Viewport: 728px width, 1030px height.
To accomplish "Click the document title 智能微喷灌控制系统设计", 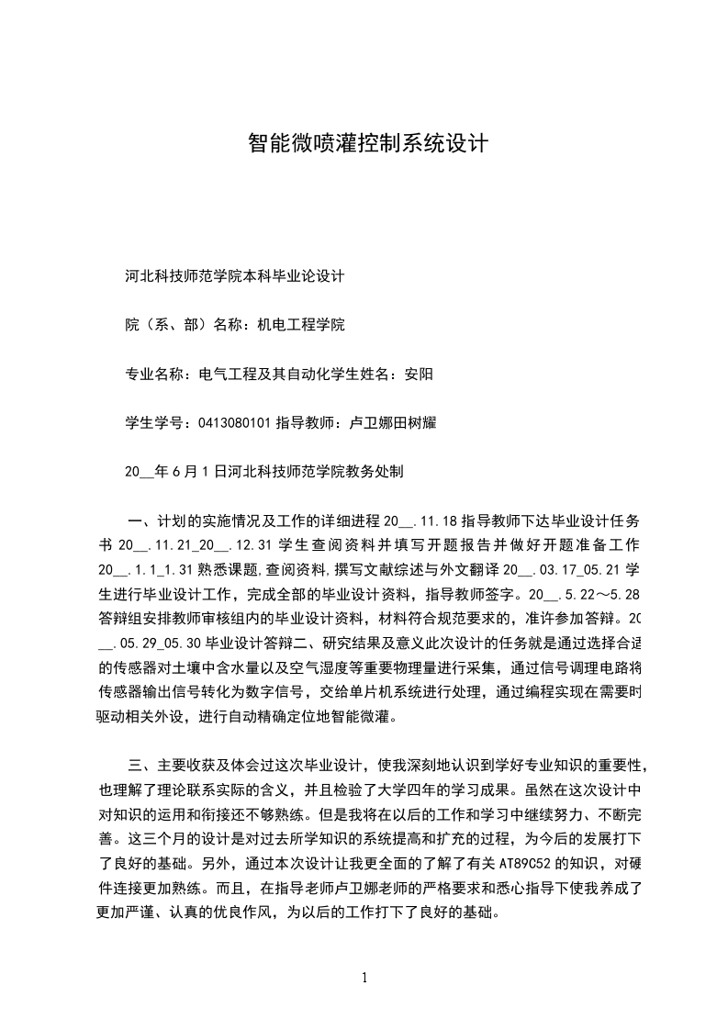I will [367, 144].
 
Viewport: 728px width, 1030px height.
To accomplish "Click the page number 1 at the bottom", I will [364, 978].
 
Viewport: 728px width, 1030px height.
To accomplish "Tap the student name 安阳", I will [419, 375].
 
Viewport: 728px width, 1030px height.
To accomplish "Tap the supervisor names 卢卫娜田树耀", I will [389, 423].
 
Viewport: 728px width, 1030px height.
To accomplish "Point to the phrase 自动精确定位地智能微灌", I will [304, 716].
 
